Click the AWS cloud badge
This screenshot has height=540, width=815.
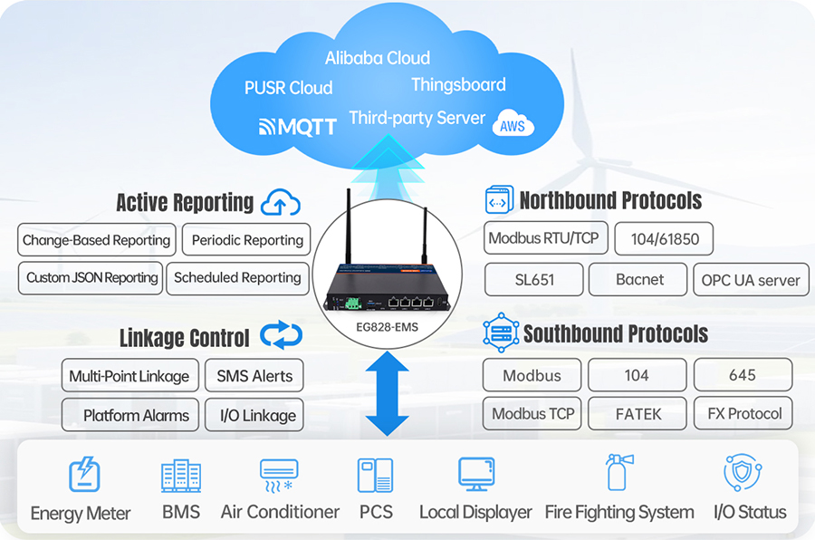coord(513,127)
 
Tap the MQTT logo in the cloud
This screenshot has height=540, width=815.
coord(298,126)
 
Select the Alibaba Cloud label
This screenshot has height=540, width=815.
coord(378,58)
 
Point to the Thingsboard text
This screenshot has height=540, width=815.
coord(458,85)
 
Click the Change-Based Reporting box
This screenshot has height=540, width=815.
coord(96,240)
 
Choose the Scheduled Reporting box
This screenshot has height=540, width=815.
coord(237,278)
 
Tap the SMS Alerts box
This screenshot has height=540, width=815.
coord(254,376)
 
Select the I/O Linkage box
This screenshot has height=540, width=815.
coord(254,415)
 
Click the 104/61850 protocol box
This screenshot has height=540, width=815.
coord(663,239)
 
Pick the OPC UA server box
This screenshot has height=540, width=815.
coord(751,280)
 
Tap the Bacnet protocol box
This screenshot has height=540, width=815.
coord(638,280)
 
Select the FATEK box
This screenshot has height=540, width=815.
coord(638,414)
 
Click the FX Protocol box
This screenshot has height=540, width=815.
coord(743,413)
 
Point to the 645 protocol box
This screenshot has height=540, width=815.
coord(743,375)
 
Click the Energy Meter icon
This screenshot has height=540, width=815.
coord(84,475)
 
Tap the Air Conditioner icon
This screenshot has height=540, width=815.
coord(279,475)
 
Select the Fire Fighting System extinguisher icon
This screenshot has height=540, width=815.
coord(618,472)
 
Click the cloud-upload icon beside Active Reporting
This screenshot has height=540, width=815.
coord(280,203)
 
